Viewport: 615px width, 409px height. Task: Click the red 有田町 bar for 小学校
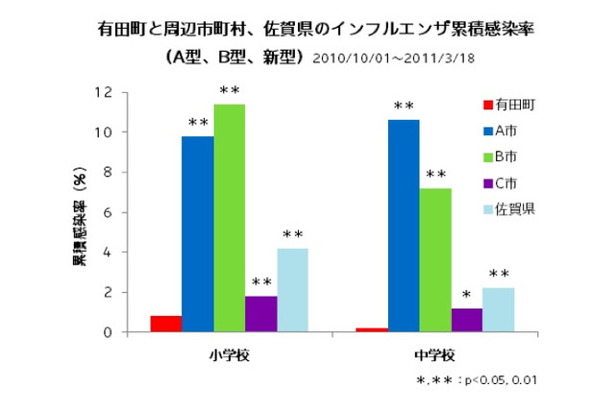[166, 324]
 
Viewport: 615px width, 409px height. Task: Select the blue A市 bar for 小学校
[198, 234]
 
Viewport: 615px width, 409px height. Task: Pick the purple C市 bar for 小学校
[261, 314]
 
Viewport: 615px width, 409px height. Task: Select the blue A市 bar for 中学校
[404, 226]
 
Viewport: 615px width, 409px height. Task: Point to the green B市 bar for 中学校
[435, 260]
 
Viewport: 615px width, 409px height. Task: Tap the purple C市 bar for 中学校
[467, 320]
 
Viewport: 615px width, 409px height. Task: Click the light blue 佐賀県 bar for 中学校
[498, 310]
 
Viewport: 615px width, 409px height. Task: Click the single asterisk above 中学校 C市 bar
[467, 295]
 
